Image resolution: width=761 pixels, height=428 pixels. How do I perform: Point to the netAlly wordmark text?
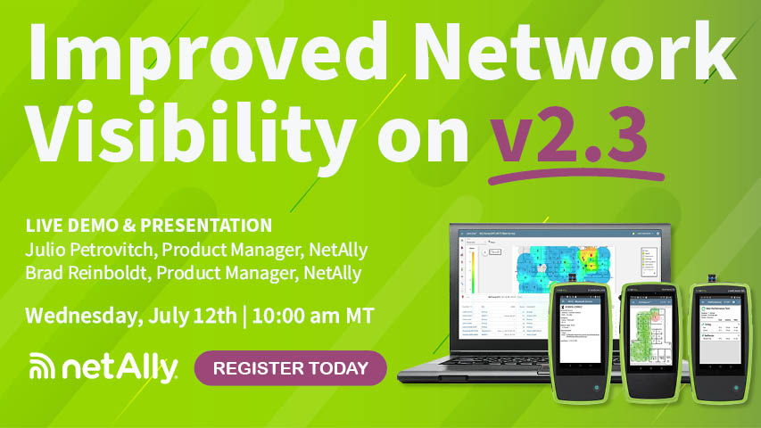(120, 366)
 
